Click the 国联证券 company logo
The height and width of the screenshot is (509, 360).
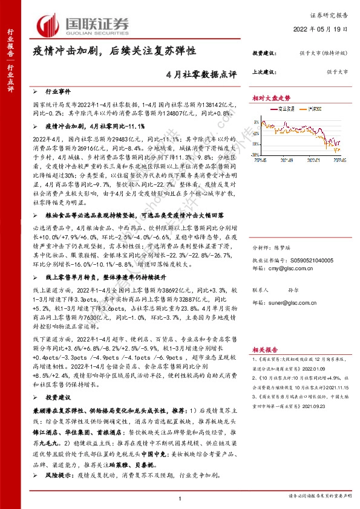point(85,24)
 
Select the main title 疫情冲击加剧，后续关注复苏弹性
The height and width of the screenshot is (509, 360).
point(114,53)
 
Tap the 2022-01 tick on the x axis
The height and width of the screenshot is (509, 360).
point(304,161)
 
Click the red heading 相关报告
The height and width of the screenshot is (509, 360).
point(265,349)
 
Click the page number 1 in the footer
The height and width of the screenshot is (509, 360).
point(180,498)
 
